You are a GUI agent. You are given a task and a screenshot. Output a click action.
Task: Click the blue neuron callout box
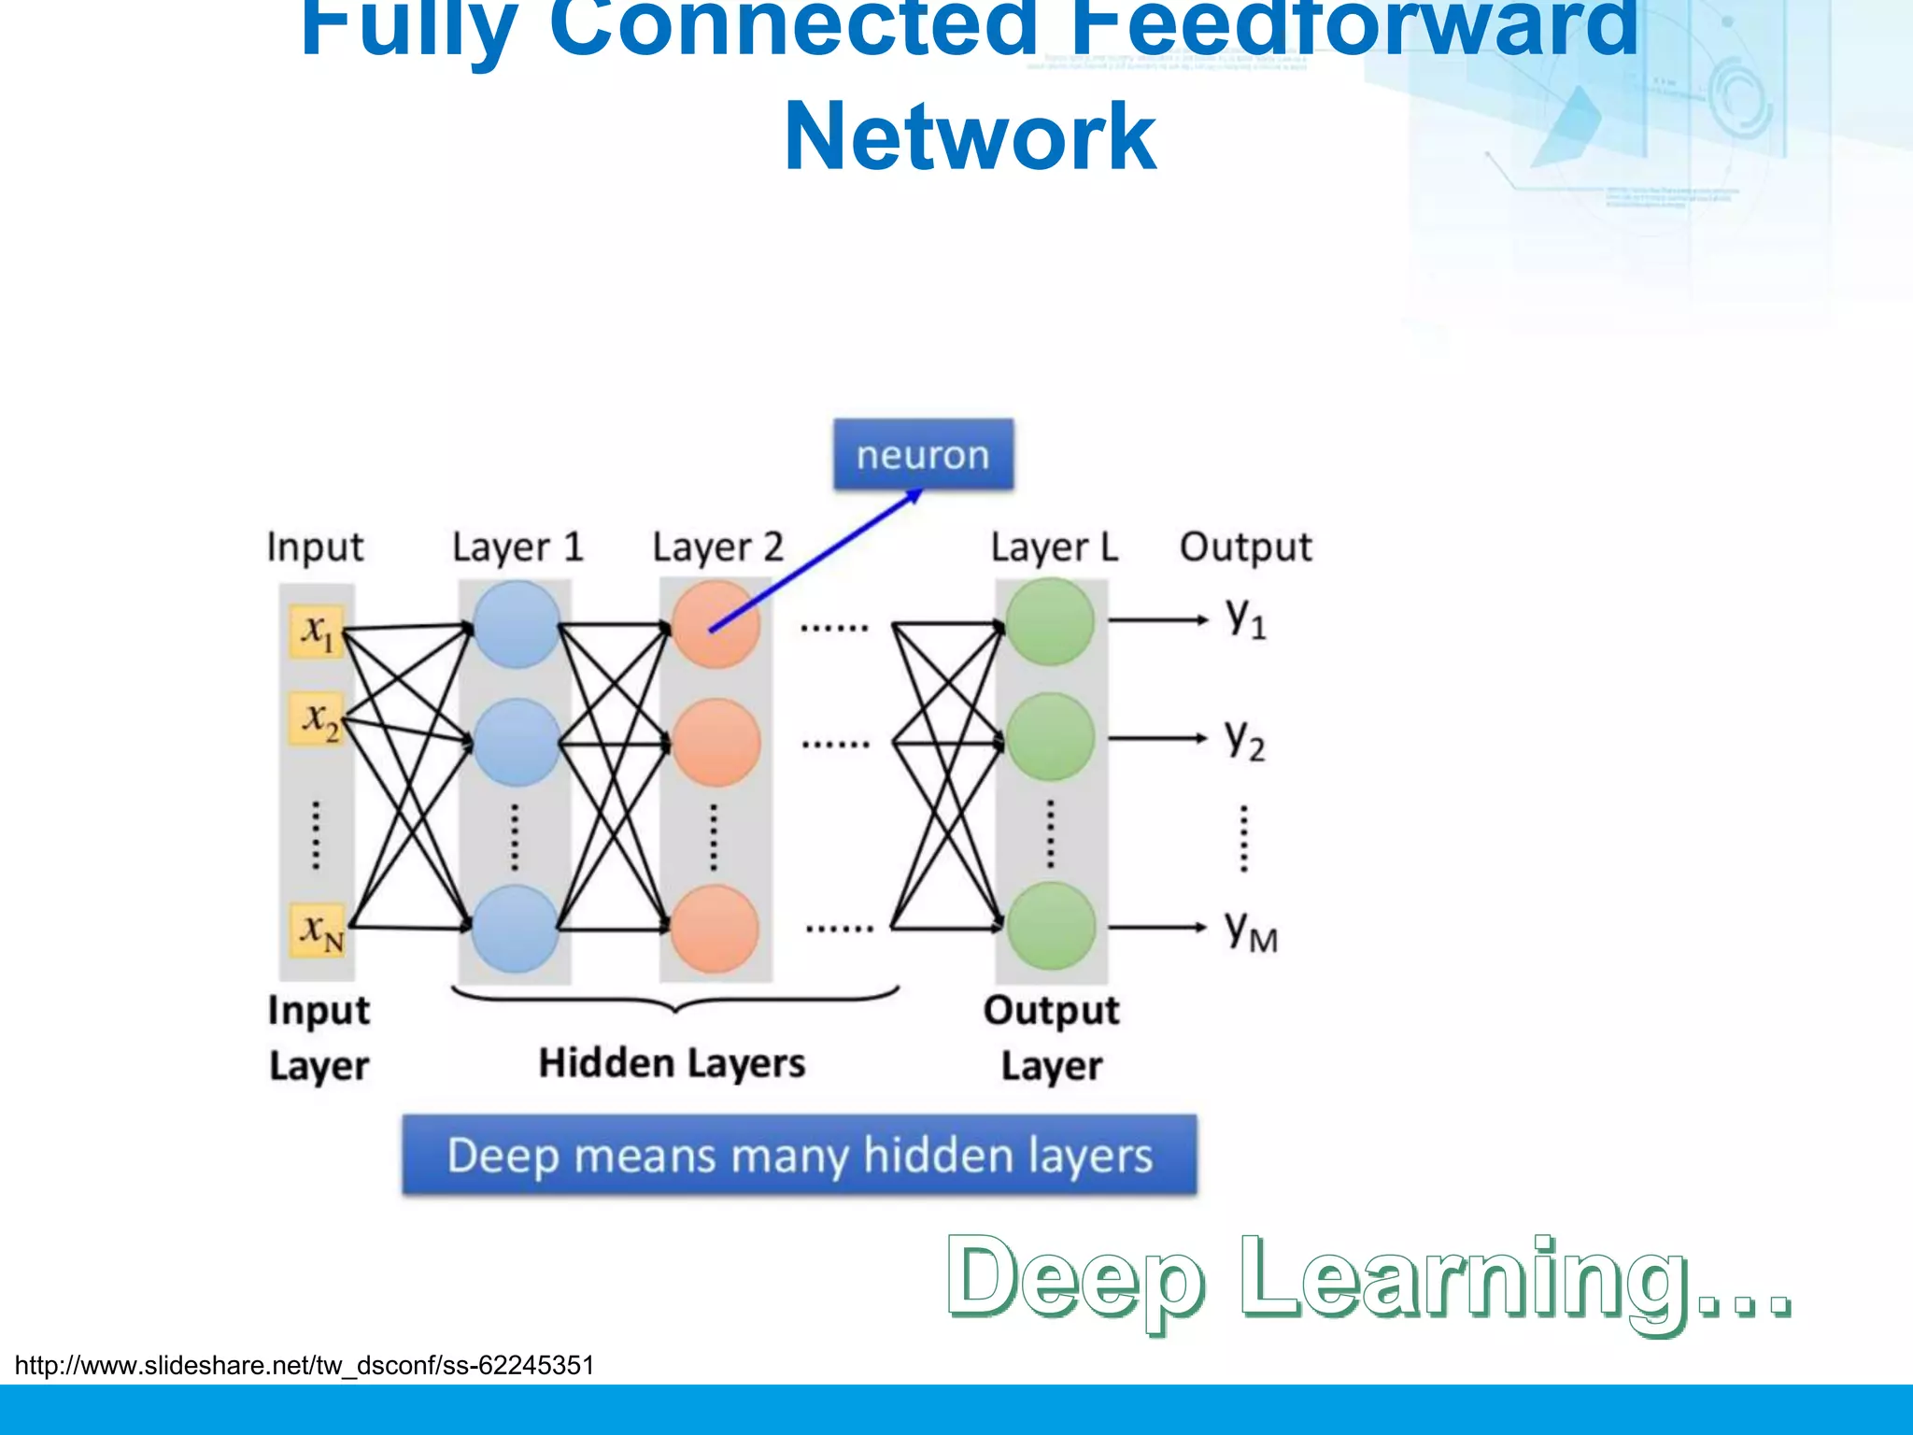923,455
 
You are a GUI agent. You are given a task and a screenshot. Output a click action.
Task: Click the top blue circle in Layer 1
517,624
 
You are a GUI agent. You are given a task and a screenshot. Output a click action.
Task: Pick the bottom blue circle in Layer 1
516,930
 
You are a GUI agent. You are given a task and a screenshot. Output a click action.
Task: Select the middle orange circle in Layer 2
716,743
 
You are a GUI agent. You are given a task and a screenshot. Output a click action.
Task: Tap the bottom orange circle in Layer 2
715,930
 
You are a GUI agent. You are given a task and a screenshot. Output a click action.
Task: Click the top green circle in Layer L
1051,621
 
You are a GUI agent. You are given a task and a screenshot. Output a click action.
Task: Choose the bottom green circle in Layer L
1051,926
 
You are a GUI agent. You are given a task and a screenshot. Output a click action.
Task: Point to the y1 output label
1246,618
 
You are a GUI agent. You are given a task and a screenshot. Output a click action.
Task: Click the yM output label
1251,930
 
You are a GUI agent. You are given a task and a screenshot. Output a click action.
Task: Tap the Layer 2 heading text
717,547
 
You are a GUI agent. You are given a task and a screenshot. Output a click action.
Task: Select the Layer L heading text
1055,547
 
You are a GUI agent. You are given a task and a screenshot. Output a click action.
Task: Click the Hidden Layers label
672,1063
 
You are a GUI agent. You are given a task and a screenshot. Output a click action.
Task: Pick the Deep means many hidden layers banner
800,1156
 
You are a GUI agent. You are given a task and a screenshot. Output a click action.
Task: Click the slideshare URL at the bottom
305,1366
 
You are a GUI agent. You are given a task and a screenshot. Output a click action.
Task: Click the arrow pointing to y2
1158,738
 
